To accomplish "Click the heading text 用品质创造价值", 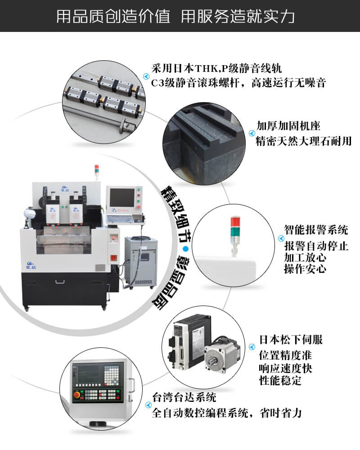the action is [x=113, y=16].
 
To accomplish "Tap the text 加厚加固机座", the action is [x=288, y=126].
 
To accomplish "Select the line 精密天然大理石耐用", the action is [x=303, y=141].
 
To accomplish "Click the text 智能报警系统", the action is [x=316, y=230].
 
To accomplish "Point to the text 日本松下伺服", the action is [x=291, y=339].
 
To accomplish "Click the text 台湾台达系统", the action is [x=184, y=397].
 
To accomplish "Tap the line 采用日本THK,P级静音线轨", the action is [x=216, y=68].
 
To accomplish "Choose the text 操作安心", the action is [x=305, y=269].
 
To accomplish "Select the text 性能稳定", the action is [x=280, y=381].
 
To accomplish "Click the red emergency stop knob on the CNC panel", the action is [x=77, y=395].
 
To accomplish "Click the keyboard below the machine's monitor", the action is [x=121, y=218].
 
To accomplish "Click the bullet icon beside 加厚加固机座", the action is [x=252, y=133].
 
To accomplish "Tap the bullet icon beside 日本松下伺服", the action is [x=252, y=347].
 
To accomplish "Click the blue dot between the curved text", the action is [x=186, y=249].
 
